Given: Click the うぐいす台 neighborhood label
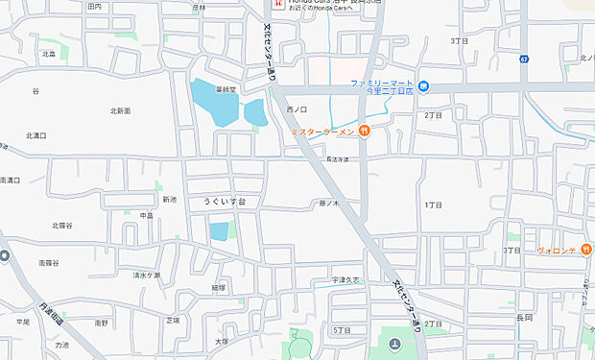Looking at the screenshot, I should click(x=225, y=202).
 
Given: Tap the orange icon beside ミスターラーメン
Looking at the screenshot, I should click(x=365, y=131).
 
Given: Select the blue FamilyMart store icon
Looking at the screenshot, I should click(x=423, y=85).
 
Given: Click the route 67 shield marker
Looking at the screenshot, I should click(x=524, y=60).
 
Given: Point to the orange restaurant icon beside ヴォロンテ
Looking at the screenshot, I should click(x=585, y=250).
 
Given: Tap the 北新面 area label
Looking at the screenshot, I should click(x=119, y=111).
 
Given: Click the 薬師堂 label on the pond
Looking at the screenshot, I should click(x=226, y=87).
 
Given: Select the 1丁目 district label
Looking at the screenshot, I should click(x=433, y=205).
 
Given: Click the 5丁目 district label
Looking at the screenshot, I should click(x=341, y=330).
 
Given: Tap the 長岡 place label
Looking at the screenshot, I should click(x=523, y=317).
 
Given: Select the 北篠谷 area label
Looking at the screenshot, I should click(x=62, y=226).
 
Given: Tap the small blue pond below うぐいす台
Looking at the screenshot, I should click(x=220, y=230).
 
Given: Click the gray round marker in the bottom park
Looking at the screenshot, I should click(x=394, y=344).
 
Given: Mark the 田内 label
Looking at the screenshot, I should click(x=94, y=7).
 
